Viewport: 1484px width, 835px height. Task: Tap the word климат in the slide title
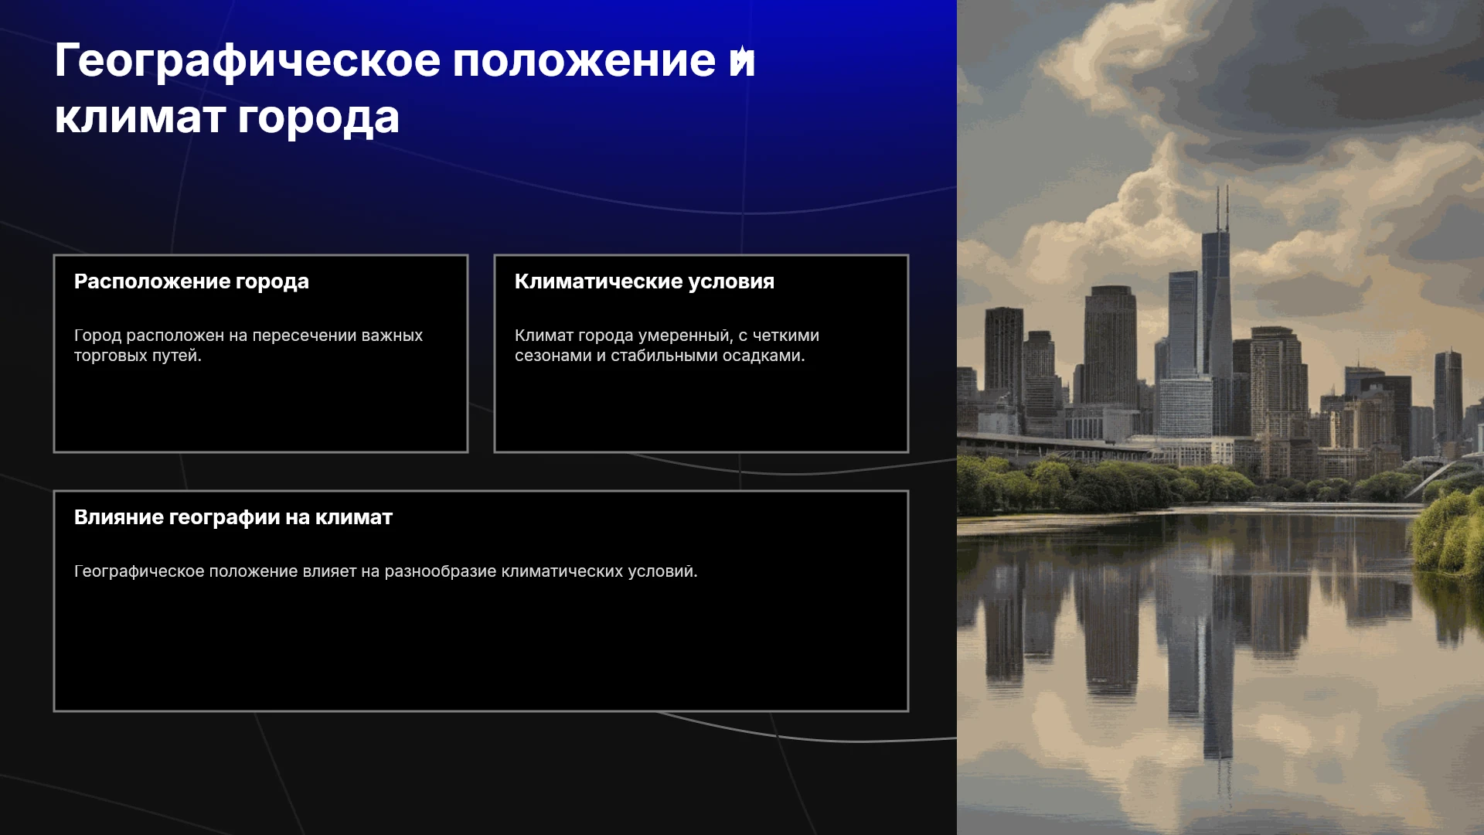coord(140,118)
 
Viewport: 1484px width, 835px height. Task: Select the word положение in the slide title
coord(584,60)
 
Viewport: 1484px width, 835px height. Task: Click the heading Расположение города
coord(192,282)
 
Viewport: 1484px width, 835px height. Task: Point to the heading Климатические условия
coord(645,281)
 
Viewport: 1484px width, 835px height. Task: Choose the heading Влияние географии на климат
coord(233,517)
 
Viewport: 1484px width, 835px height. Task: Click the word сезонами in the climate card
coord(553,356)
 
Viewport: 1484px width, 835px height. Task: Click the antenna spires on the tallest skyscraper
coord(1222,207)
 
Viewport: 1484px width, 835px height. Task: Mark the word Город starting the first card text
coord(97,336)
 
